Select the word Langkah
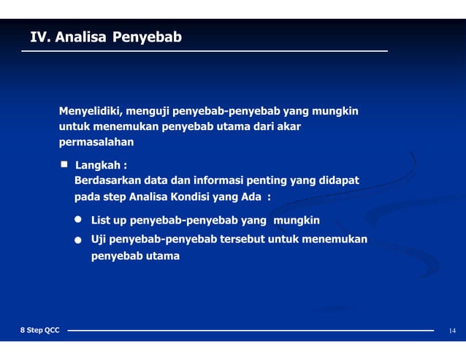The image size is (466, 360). pos(99,165)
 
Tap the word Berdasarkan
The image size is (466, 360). pos(107,180)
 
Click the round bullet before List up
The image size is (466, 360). pos(78,220)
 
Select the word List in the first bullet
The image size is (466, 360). pos(101,220)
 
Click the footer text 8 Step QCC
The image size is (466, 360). pos(39,331)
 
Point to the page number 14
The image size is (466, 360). pos(452,332)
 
